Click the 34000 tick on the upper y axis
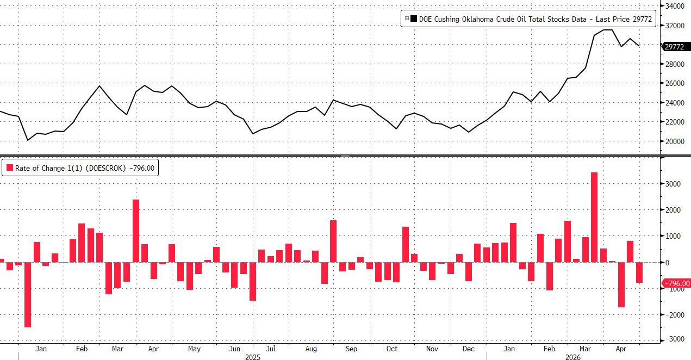point(674,6)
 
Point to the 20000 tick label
point(674,141)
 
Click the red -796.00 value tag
point(677,283)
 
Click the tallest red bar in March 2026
point(594,217)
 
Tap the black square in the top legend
point(414,19)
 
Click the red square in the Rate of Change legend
point(9,169)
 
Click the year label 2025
point(253,357)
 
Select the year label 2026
point(572,357)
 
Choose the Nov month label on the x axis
point(432,349)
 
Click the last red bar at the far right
point(639,272)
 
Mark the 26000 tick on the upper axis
point(674,83)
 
